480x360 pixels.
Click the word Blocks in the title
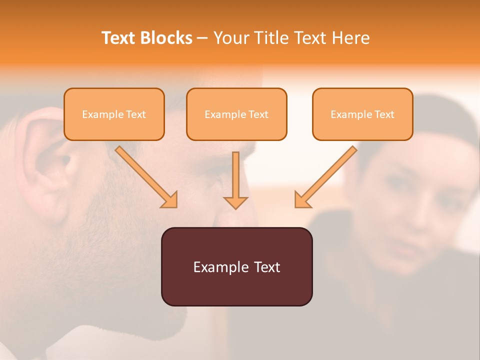tap(166, 38)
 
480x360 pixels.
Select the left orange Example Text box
tap(114, 114)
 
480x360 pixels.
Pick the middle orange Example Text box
tap(236, 114)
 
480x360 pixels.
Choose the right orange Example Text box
tap(362, 114)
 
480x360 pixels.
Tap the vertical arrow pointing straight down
tap(235, 177)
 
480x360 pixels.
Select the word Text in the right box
tap(384, 114)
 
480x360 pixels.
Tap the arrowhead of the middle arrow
tap(235, 202)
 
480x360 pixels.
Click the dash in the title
tap(202, 38)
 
